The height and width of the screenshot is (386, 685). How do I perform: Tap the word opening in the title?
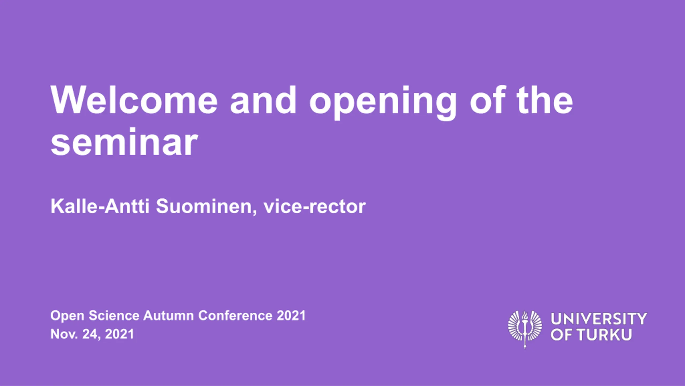coord(383,103)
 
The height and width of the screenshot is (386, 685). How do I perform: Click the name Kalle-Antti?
coord(100,206)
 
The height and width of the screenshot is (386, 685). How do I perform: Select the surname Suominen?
coord(206,207)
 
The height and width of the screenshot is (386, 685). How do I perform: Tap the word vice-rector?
coord(315,207)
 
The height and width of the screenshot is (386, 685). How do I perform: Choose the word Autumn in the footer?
coord(169,316)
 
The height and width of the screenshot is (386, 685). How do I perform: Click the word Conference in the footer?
coord(235,316)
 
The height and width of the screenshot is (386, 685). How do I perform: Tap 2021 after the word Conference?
coord(291,316)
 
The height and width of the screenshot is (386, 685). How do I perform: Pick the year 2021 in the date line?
coord(119,334)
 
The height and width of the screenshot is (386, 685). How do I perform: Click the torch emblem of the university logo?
coord(525,329)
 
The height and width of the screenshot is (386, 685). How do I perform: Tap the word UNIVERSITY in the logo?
coord(599,319)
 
